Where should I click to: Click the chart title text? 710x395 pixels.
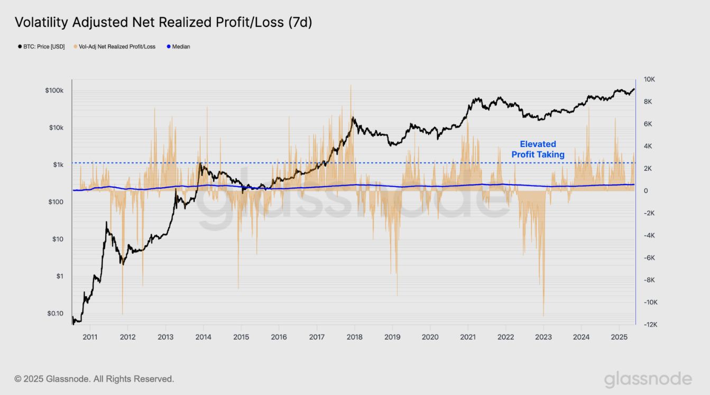click(163, 22)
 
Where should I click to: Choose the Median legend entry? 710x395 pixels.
click(179, 47)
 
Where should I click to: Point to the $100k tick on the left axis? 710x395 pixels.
click(54, 91)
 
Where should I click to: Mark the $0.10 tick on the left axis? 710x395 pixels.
click(55, 314)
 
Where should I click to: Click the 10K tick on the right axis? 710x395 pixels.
click(649, 79)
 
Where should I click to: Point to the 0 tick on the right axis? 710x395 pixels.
click(645, 191)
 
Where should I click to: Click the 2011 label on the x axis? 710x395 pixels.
click(90, 337)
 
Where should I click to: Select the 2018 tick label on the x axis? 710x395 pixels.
click(354, 337)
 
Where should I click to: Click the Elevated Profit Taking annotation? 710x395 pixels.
click(538, 149)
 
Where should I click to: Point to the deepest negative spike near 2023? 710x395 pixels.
click(543, 315)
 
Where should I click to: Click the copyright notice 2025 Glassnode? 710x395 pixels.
click(94, 379)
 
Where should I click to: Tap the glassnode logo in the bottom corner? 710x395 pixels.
click(648, 379)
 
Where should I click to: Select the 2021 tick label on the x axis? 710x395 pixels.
click(467, 337)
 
